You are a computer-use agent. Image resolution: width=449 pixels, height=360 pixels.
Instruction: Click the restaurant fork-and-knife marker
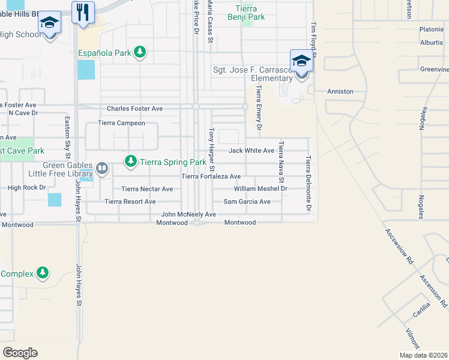tap(83, 12)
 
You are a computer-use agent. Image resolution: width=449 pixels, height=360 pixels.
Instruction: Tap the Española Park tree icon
tap(140, 53)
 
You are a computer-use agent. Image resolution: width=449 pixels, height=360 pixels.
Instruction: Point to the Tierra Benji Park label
tap(246, 13)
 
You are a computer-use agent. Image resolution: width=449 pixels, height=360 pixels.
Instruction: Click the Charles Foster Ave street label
tap(134, 109)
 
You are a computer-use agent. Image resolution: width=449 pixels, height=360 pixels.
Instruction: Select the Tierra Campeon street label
tap(122, 123)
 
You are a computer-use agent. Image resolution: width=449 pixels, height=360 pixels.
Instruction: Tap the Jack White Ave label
tap(251, 150)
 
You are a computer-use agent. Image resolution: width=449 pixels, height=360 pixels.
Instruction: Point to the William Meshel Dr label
tap(261, 188)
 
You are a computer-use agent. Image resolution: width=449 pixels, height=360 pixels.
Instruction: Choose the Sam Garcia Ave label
tap(247, 202)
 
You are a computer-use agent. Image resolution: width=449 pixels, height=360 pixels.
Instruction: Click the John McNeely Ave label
tap(188, 214)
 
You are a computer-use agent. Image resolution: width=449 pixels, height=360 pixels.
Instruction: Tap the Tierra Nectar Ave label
tap(147, 189)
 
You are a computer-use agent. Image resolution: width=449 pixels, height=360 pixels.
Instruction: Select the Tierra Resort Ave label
tap(130, 202)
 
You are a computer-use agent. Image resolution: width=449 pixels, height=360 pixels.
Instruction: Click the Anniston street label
tap(340, 92)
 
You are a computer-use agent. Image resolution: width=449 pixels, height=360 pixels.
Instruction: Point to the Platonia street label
tap(431, 29)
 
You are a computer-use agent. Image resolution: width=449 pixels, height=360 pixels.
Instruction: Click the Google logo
tap(20, 353)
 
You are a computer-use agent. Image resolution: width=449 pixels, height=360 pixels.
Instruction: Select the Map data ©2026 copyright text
tap(423, 355)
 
